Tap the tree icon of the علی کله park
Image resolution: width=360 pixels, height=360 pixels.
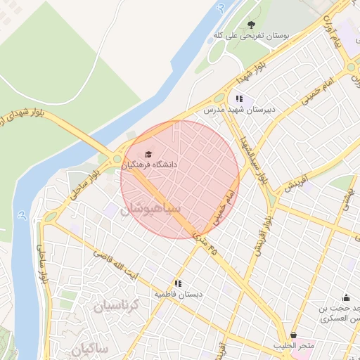pyautogui.click(x=252, y=25)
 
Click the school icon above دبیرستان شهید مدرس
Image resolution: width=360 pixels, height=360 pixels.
pyautogui.click(x=239, y=99)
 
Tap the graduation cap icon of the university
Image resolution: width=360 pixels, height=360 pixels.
pyautogui.click(x=148, y=154)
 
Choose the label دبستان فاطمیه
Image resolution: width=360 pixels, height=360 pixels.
pyautogui.click(x=179, y=295)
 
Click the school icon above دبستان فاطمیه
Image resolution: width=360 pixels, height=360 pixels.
pyautogui.click(x=179, y=283)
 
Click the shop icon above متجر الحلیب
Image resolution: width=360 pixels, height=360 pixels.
pyautogui.click(x=293, y=335)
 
